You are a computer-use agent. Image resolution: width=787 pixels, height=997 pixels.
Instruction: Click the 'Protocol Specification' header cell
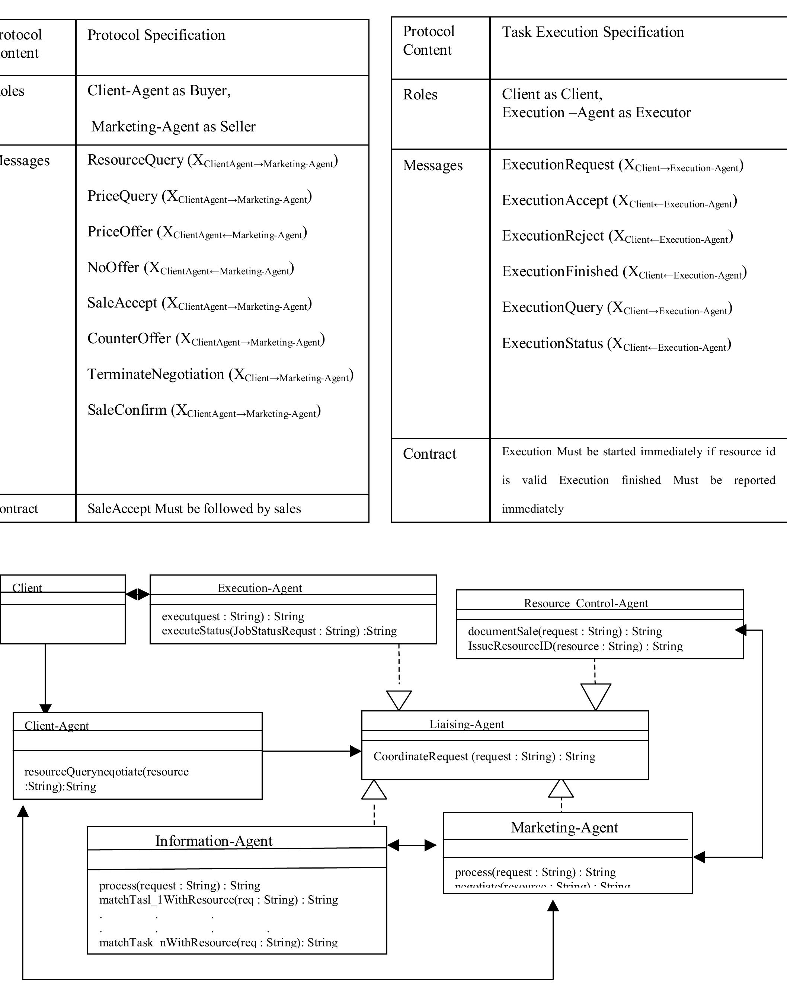point(156,35)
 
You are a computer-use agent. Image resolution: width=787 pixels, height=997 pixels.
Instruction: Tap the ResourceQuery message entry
point(212,160)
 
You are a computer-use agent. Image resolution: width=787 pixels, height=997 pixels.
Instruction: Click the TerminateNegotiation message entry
point(220,375)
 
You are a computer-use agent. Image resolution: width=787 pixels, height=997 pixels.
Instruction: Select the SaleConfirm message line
point(204,410)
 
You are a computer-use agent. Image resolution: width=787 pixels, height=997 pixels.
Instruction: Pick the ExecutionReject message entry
point(617,236)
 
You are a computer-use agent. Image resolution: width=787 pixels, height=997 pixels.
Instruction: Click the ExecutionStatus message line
point(616,344)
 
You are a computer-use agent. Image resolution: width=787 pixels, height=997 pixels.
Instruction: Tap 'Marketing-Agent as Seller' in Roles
point(173,126)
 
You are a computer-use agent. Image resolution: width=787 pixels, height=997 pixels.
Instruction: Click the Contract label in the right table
point(429,454)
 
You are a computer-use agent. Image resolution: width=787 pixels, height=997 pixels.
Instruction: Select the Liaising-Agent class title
point(466,724)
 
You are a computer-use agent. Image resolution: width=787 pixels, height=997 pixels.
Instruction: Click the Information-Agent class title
point(214,841)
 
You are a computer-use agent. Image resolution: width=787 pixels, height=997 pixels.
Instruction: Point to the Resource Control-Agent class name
point(586,603)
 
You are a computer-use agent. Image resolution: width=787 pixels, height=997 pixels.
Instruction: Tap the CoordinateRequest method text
point(484,756)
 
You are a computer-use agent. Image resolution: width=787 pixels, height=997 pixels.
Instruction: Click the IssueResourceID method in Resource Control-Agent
point(575,646)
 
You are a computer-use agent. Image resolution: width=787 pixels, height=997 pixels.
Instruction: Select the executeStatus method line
point(279,631)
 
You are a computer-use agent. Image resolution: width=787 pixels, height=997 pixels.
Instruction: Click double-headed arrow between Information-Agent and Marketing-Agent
point(412,845)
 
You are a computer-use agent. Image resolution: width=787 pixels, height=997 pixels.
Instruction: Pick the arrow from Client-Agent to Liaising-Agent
point(311,751)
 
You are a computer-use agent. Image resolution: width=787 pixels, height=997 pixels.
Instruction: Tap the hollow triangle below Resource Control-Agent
point(595,696)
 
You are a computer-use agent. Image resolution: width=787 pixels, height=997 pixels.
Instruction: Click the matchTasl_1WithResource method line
point(218,900)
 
